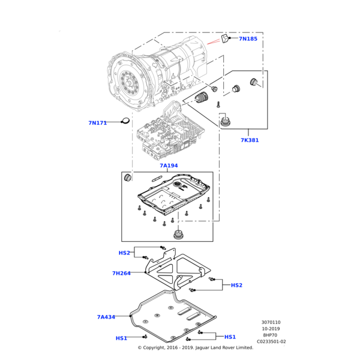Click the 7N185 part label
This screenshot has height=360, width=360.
tap(248, 39)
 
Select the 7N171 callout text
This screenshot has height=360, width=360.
tap(97, 123)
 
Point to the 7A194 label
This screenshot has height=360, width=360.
tap(169, 166)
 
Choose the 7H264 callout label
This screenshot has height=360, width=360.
tap(121, 273)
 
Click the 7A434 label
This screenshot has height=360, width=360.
tap(106, 317)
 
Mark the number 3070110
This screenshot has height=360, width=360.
tap(271, 322)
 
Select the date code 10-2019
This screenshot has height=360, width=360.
tap(271, 329)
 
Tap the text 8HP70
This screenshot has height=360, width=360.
tap(271, 335)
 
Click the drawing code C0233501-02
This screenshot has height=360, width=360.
tap(271, 341)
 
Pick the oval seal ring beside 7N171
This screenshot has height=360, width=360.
tap(125, 122)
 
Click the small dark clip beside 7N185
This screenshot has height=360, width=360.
tap(224, 39)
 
